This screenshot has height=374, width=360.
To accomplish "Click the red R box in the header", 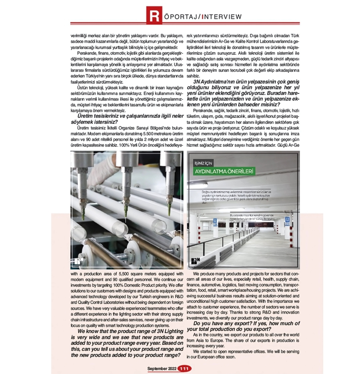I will [154, 16].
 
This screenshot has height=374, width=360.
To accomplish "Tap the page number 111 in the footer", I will [185, 368].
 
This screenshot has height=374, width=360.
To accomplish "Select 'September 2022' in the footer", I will [162, 368].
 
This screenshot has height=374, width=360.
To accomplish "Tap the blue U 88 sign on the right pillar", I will [287, 221].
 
